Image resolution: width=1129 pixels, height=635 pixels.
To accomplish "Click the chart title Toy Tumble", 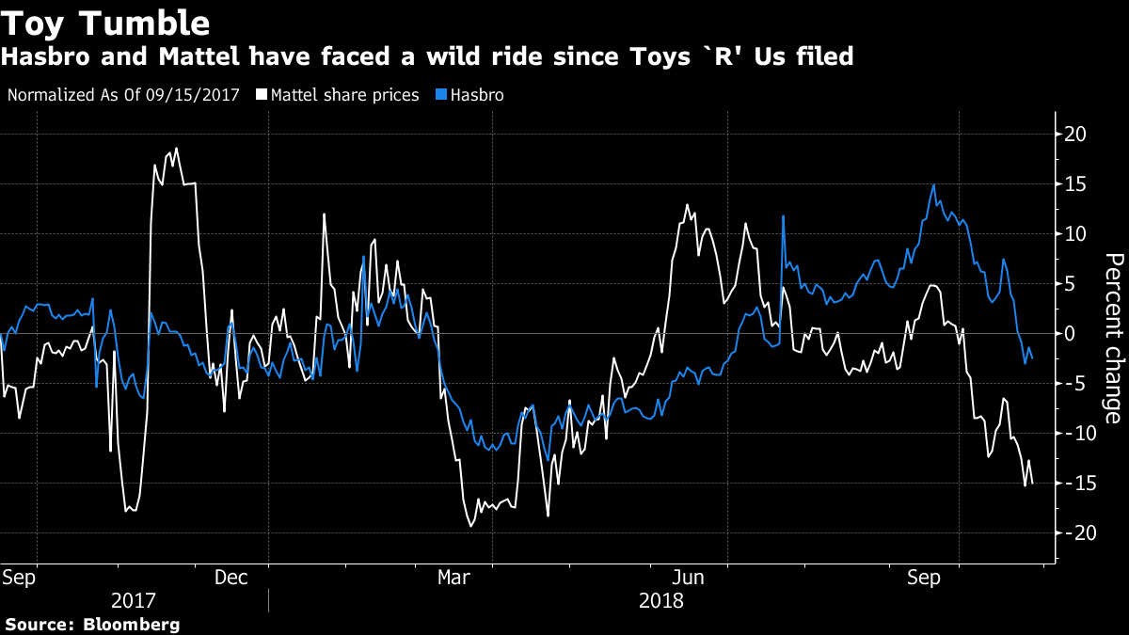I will pos(105,21).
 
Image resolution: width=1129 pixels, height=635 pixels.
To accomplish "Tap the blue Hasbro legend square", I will pos(442,95).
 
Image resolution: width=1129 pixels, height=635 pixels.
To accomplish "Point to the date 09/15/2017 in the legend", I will pos(194,95).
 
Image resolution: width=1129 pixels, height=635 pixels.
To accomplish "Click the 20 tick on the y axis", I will pos(1075,134).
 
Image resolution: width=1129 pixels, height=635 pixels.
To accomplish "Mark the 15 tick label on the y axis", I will pos(1075,183).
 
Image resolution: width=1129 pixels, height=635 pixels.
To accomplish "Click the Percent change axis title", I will pos(1113,338).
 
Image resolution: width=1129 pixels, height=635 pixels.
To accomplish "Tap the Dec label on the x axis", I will pos(231,577).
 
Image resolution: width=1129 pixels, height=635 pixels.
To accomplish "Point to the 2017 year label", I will pos(135,600).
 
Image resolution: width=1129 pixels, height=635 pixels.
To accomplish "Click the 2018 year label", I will pos(661,600).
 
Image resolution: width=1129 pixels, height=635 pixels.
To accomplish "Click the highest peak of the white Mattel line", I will pos(176,149).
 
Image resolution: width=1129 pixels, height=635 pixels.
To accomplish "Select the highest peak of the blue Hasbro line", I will pos(933,185).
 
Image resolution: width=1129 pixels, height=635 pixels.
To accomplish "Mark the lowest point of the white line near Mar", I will pos(470,525).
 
